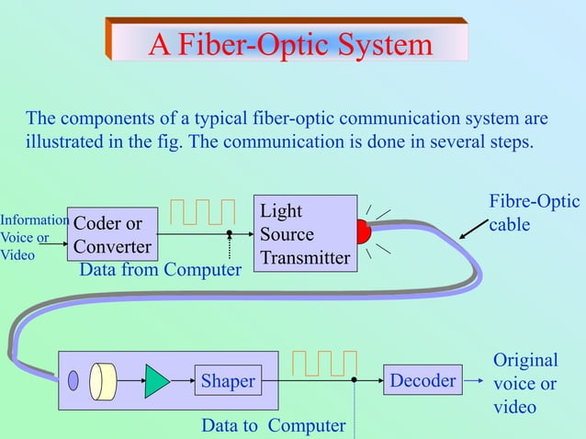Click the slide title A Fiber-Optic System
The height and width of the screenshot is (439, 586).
(290, 43)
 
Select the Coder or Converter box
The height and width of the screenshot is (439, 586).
(112, 235)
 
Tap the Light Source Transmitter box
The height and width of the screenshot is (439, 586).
(304, 234)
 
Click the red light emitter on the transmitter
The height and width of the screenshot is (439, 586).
(362, 232)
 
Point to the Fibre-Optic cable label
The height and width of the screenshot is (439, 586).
(534, 212)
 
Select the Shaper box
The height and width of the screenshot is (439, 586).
(228, 381)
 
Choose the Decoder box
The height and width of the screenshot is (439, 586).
(423, 380)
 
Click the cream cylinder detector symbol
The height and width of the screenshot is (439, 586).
(103, 380)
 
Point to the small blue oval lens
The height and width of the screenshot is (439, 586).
(73, 379)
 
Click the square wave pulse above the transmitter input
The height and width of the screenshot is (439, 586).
(208, 210)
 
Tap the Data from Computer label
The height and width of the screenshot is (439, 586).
(160, 270)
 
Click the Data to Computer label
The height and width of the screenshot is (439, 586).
(273, 425)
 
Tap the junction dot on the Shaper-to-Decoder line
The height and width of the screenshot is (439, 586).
(354, 379)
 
